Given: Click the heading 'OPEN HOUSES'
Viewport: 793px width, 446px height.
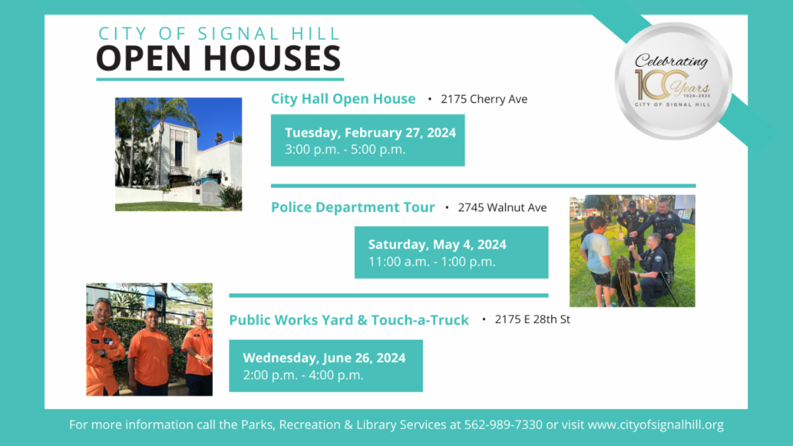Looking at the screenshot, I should (x=219, y=59).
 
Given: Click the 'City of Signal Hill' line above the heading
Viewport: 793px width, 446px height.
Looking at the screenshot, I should (x=219, y=33).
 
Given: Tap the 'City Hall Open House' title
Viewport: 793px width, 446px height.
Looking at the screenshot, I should (x=343, y=99).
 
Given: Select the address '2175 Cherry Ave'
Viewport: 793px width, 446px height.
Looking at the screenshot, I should (x=484, y=99).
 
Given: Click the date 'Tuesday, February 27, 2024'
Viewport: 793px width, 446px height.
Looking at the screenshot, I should (x=370, y=133).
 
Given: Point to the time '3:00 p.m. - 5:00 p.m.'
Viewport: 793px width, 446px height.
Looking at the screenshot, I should (x=345, y=149).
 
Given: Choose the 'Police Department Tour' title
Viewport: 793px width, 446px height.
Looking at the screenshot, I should (x=353, y=207).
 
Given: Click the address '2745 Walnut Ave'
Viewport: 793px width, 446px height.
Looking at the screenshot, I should (x=502, y=207).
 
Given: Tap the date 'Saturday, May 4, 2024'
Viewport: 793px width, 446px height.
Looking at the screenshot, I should (x=437, y=245).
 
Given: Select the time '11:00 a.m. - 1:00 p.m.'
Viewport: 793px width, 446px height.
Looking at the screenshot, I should (x=432, y=262).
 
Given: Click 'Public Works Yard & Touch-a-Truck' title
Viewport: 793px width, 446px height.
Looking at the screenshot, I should (x=349, y=320).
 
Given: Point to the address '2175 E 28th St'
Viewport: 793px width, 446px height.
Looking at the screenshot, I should (x=533, y=320).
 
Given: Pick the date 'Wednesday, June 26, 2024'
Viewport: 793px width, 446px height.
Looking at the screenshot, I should (x=324, y=358).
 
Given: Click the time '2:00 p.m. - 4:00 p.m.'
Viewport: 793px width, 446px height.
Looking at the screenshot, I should (x=303, y=375).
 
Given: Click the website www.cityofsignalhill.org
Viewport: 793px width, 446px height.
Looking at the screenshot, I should (x=656, y=425).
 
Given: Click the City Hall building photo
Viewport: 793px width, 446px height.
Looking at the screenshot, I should (x=178, y=154).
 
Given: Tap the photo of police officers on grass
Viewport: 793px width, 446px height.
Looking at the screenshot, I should (x=632, y=250).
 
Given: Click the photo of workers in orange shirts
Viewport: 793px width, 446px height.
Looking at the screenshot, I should (x=149, y=340).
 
